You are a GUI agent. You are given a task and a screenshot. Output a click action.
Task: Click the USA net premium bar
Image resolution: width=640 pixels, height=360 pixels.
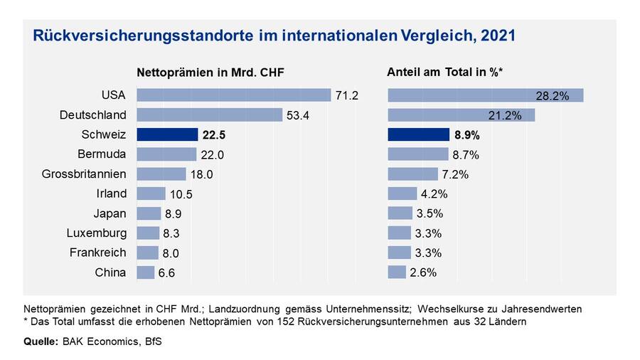tap(233, 95)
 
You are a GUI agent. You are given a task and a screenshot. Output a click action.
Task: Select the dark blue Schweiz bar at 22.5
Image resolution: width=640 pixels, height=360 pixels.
tap(166, 134)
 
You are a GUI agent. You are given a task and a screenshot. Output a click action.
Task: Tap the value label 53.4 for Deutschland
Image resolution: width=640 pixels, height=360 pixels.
tap(297, 115)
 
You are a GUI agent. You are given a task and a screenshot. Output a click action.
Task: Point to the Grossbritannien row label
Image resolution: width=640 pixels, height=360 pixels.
tap(84, 174)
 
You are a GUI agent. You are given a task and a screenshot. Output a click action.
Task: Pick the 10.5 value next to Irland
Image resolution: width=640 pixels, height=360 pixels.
tap(180, 194)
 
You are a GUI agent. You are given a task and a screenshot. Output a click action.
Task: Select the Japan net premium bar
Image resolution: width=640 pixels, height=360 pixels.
tap(149, 213)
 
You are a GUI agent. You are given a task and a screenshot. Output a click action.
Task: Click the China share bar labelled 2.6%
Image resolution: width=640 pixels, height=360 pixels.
tap(397, 272)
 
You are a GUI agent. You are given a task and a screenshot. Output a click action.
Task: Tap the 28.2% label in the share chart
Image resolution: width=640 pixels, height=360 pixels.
tap(552, 96)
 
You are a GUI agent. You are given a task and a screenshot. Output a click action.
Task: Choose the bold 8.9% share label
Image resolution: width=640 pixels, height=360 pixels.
tap(466, 134)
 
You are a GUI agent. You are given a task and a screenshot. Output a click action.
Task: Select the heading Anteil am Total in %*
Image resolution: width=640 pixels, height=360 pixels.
tap(444, 72)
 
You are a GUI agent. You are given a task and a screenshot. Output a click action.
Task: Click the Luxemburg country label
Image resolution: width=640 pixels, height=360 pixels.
tap(97, 233)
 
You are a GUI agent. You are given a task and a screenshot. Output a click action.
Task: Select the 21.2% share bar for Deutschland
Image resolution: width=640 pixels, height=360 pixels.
tap(461, 115)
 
